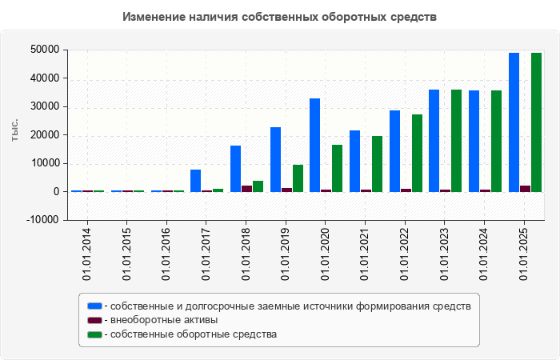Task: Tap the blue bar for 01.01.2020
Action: (315, 145)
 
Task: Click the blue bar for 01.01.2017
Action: (195, 181)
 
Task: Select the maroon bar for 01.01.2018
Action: (246, 189)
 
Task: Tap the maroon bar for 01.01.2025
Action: (525, 189)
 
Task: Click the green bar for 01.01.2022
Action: (417, 153)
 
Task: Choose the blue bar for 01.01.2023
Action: (434, 141)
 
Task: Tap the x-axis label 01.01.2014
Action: (87, 254)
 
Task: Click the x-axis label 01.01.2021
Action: (365, 254)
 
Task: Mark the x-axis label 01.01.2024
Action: (484, 254)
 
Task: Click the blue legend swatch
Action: (95, 306)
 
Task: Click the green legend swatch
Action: (95, 334)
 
